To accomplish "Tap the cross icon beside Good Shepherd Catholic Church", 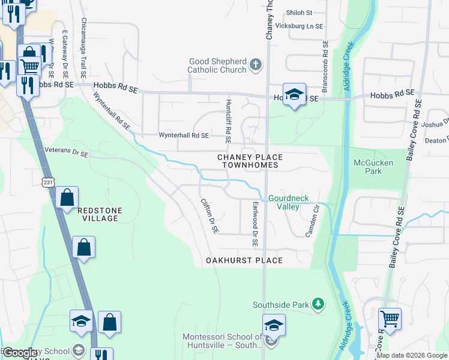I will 256,65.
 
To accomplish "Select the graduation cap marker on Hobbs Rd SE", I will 294,94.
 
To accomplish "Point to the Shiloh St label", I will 300,13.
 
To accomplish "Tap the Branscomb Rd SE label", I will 325,66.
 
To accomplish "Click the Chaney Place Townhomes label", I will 250,161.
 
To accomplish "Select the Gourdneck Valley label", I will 283,202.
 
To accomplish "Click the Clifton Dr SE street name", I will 208,216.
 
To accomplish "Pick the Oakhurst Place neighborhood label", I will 244,260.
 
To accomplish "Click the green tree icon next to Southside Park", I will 319,305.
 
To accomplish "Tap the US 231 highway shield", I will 48,182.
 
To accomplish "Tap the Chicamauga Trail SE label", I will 83,48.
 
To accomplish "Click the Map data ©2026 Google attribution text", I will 411,355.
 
